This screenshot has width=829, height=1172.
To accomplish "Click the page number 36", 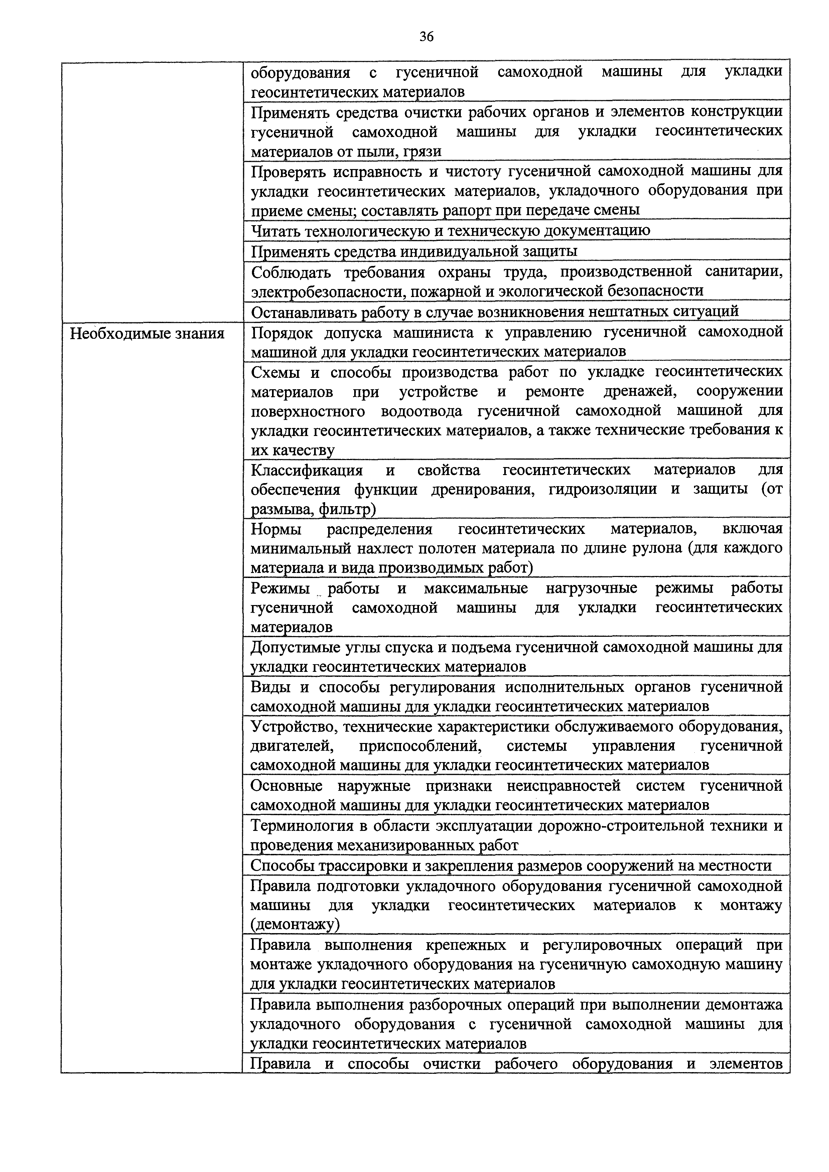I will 426,37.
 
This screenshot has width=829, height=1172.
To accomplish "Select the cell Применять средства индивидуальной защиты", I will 414,251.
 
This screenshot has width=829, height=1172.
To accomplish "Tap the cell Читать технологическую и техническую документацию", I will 451,231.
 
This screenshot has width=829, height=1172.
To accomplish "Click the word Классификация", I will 307,470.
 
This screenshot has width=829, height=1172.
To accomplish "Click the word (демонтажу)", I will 295,924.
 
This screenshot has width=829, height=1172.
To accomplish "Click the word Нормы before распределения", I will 276,529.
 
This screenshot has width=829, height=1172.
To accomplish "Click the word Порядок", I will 282,332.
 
